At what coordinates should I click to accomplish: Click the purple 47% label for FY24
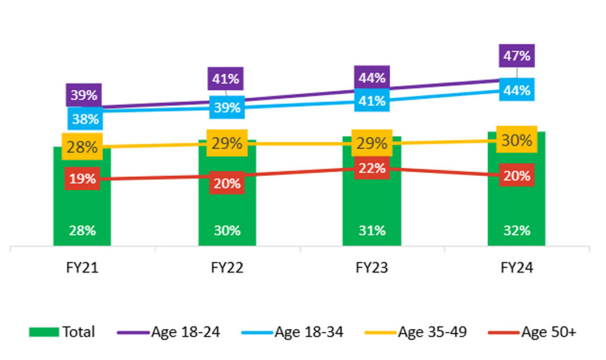[x=517, y=56]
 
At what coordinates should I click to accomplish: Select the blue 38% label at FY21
[x=85, y=118]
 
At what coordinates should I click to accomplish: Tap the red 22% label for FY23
[x=372, y=168]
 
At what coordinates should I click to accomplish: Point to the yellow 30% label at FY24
[x=517, y=140]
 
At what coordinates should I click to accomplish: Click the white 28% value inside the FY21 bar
[x=82, y=231]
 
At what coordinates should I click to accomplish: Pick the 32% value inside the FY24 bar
[x=517, y=231]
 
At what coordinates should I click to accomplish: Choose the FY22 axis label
[x=227, y=268]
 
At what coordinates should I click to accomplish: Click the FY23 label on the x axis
[x=372, y=268]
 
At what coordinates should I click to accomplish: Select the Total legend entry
[x=62, y=332]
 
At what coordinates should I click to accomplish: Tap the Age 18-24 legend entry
[x=169, y=332]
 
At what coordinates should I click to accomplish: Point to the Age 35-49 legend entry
[x=416, y=332]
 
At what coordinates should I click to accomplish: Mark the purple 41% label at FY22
[x=225, y=79]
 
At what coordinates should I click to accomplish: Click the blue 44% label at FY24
[x=517, y=90]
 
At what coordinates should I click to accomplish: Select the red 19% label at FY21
[x=82, y=179]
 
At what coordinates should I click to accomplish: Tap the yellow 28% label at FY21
[x=82, y=147]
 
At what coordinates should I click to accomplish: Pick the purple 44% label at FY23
[x=372, y=78]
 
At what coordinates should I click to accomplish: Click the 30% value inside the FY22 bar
[x=227, y=231]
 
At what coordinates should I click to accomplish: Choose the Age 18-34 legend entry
[x=292, y=332]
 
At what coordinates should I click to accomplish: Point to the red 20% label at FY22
[x=227, y=183]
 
